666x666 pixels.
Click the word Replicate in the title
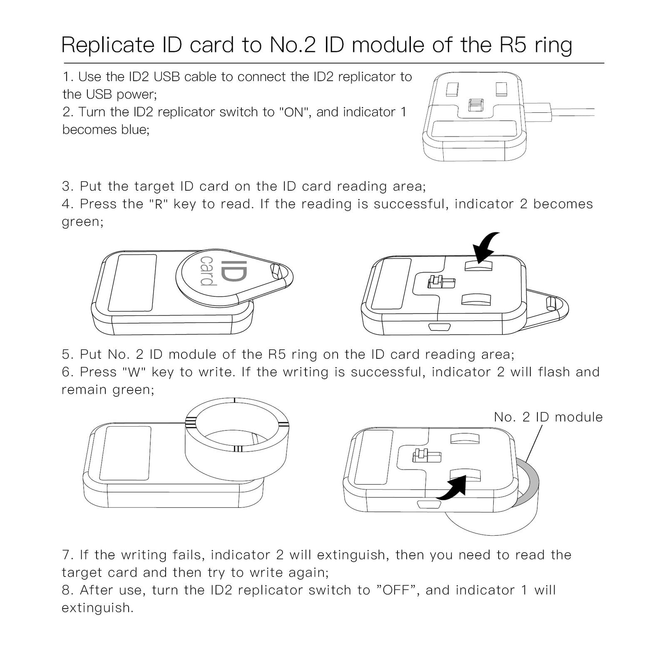point(108,45)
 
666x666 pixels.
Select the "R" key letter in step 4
point(158,204)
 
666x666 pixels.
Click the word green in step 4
point(80,222)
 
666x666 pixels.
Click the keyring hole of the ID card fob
point(276,271)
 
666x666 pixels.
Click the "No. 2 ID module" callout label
point(548,417)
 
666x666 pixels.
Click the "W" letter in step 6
point(134,372)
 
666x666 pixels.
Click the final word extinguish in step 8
point(97,608)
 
